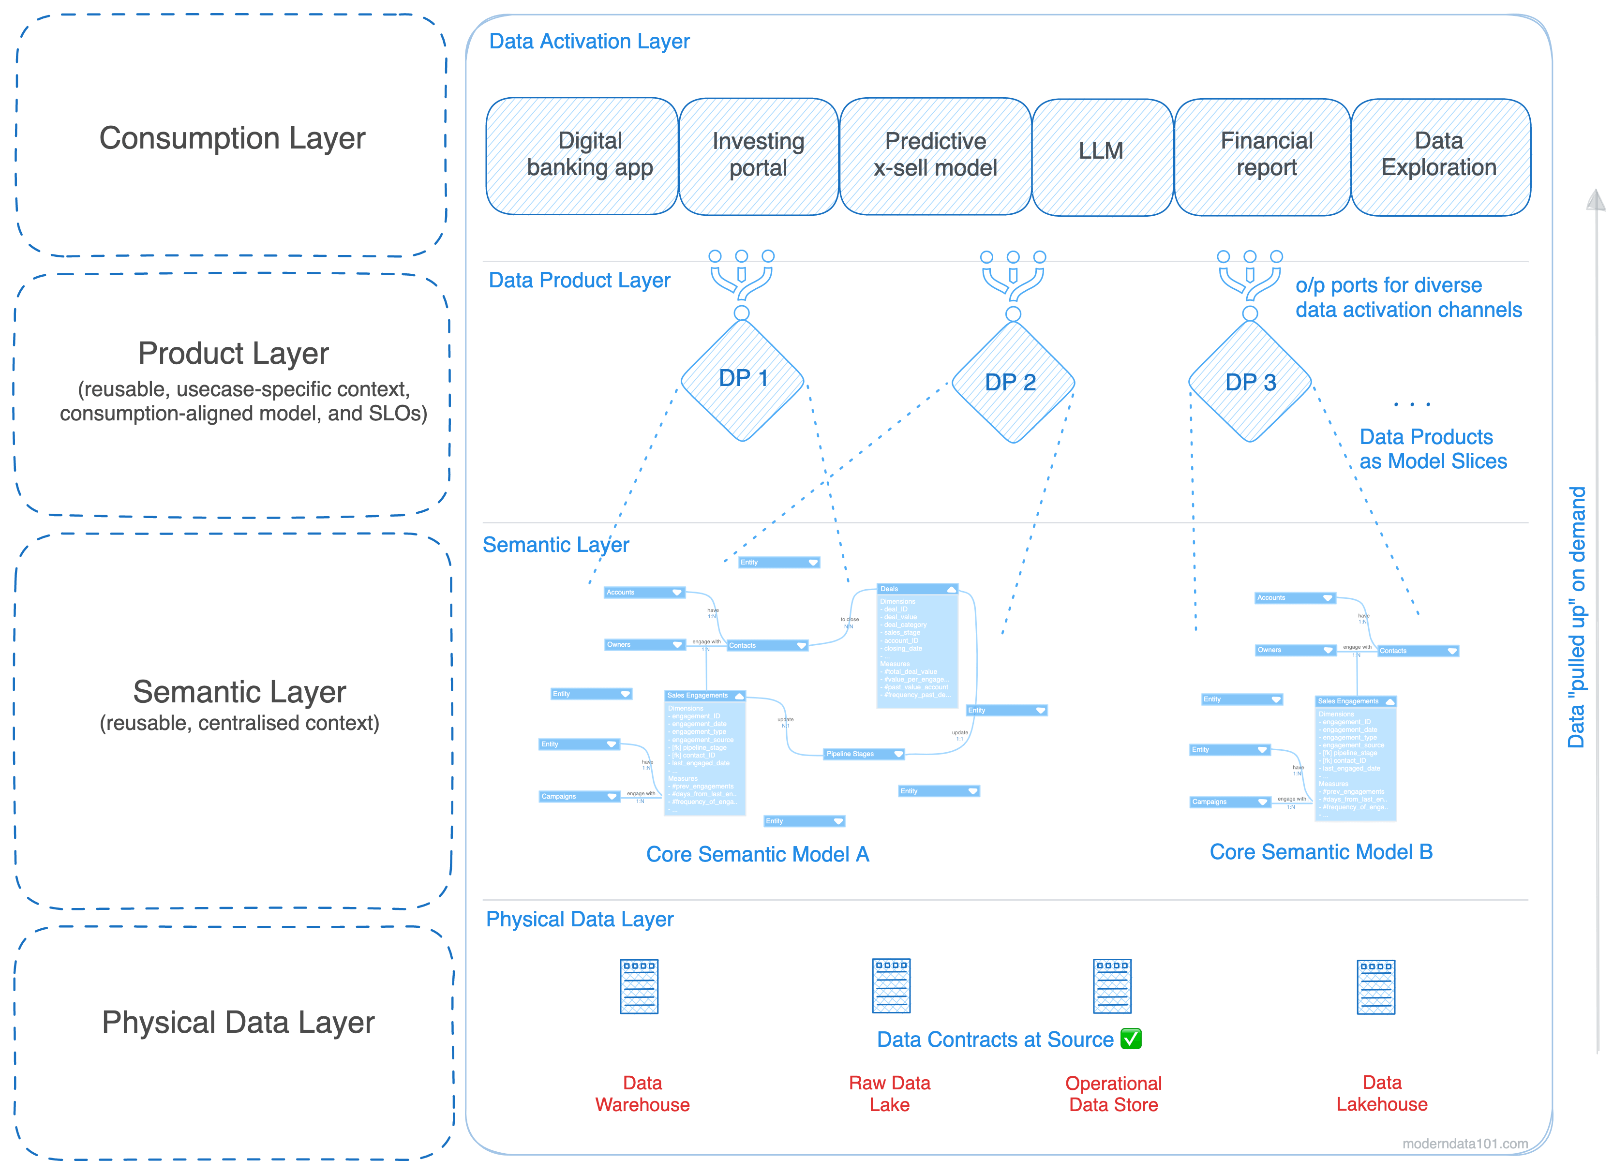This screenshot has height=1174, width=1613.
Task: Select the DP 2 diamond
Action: (1013, 382)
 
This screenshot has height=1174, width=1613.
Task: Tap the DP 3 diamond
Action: (1250, 382)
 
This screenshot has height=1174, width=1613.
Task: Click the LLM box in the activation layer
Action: (1101, 156)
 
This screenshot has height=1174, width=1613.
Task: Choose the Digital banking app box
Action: (582, 156)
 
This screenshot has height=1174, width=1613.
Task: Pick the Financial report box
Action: (1262, 156)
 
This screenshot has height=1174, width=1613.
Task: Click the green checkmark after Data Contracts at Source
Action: (1131, 1039)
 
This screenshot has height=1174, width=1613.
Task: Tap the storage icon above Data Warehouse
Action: (640, 986)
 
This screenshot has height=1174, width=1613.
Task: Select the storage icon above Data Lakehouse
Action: (1376, 986)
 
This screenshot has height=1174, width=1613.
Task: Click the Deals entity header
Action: (917, 589)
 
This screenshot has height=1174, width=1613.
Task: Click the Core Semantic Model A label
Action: (758, 854)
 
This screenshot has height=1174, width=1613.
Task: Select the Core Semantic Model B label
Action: (1321, 852)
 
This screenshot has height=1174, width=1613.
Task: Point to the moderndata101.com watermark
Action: (1464, 1144)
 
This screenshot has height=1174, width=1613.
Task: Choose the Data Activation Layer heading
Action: (589, 41)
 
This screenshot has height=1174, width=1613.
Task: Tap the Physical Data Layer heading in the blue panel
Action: (579, 920)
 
